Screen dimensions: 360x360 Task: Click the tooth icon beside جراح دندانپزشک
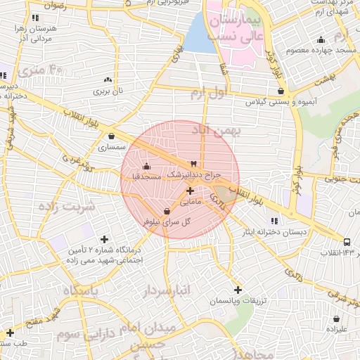point(193,163)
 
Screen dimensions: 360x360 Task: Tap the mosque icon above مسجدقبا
point(146,166)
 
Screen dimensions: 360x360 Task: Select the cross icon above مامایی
point(190,191)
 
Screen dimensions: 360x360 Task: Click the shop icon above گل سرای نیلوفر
point(167,211)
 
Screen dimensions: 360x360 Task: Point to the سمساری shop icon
point(111,136)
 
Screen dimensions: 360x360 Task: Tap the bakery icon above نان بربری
point(108,80)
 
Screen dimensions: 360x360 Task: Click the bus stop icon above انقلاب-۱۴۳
point(347,242)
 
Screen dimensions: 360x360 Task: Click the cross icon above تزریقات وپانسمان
point(238,290)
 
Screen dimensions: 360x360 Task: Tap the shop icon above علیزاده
point(336,319)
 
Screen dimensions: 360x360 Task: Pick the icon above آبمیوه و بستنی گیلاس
point(281,91)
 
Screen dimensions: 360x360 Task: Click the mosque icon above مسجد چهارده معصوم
point(321,39)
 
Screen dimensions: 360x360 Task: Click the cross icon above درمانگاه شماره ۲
point(105,239)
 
